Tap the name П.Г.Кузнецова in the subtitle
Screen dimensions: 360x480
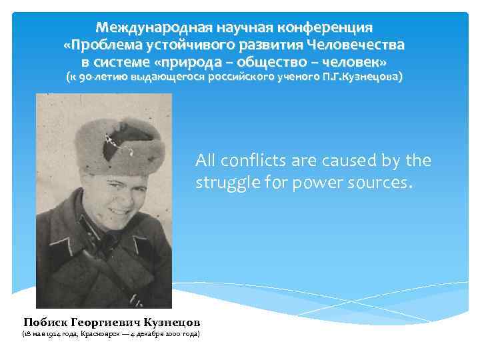tap(363, 77)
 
